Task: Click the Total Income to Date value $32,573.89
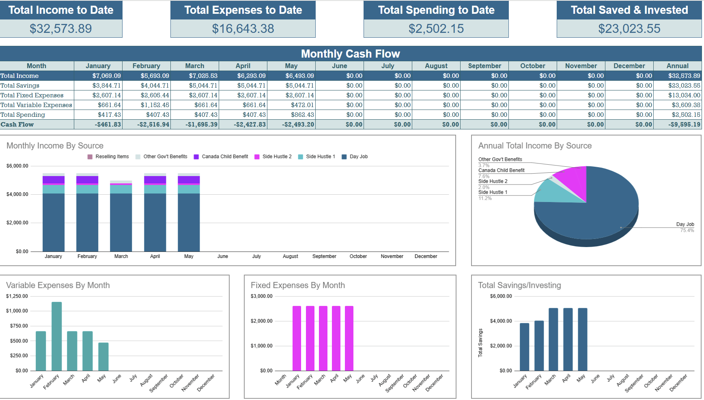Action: click(x=61, y=29)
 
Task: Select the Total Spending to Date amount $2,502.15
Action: click(x=436, y=29)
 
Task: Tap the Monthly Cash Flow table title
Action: click(x=351, y=54)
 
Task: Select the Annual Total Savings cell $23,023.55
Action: click(x=684, y=86)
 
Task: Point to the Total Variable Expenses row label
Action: click(x=36, y=105)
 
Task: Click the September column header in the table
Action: click(x=484, y=66)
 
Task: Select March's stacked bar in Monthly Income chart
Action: click(x=121, y=217)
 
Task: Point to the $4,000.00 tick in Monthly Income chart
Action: click(x=17, y=194)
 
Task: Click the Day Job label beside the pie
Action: click(x=685, y=224)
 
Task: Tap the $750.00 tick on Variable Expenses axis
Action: click(x=19, y=326)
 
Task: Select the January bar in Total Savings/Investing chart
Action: click(x=524, y=347)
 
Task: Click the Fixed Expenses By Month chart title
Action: click(x=298, y=285)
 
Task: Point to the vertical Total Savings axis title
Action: click(x=480, y=343)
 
